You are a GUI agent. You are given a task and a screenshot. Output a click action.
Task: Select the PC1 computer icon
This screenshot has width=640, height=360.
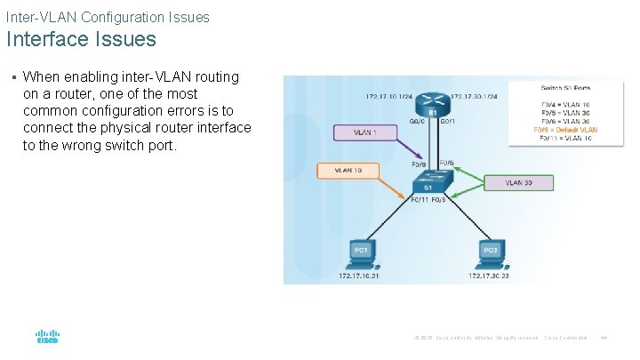(362, 253)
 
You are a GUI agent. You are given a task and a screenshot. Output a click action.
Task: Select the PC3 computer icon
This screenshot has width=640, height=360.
(490, 253)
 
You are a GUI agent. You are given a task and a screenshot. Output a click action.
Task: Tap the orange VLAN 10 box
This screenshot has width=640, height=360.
(348, 170)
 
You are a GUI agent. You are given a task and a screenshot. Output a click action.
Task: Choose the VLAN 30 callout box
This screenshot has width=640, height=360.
(518, 182)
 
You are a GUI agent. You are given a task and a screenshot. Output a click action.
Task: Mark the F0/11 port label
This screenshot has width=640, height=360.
(420, 201)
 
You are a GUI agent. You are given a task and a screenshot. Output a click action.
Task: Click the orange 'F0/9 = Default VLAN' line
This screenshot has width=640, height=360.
(565, 130)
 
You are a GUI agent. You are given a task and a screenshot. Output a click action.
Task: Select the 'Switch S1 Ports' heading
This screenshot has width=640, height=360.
(565, 87)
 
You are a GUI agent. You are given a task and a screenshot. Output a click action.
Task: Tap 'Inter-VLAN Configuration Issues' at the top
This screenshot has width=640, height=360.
(108, 17)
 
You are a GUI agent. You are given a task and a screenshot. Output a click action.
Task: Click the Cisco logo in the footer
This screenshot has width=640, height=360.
(47, 338)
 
